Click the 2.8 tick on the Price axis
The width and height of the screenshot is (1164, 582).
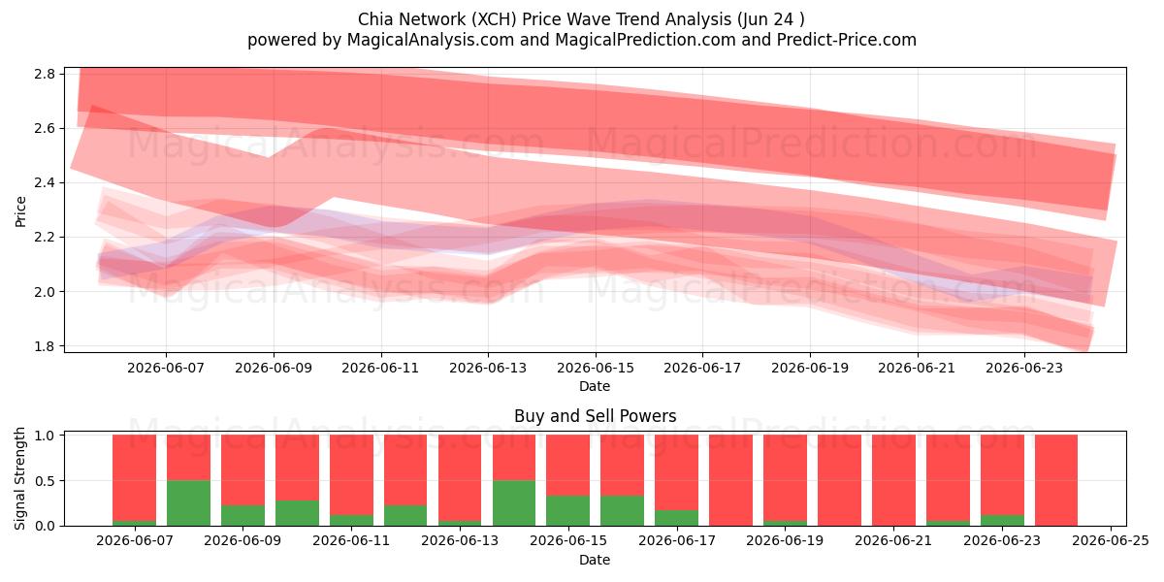pyautogui.click(x=45, y=74)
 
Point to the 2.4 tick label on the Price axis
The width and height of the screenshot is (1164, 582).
pyautogui.click(x=45, y=183)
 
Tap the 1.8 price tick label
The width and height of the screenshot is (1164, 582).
pyautogui.click(x=45, y=346)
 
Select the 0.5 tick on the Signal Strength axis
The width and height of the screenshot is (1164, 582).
pyautogui.click(x=45, y=481)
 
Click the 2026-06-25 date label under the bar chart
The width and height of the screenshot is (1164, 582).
pyautogui.click(x=1111, y=540)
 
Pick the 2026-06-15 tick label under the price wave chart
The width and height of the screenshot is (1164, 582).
pyautogui.click(x=596, y=368)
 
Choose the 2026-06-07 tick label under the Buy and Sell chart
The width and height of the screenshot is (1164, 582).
pyautogui.click(x=135, y=540)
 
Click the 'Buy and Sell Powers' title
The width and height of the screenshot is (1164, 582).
pyautogui.click(x=595, y=416)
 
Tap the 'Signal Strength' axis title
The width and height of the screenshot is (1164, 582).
pyautogui.click(x=19, y=478)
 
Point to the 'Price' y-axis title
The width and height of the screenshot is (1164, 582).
pyautogui.click(x=20, y=211)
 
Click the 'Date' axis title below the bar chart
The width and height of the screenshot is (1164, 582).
pyautogui.click(x=595, y=560)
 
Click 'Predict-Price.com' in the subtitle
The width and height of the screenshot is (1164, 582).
pyautogui.click(x=847, y=40)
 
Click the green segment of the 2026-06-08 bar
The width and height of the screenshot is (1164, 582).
pyautogui.click(x=188, y=503)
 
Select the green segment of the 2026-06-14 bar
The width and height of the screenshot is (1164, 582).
pyautogui.click(x=514, y=503)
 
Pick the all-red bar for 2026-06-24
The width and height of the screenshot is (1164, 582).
pyautogui.click(x=1056, y=480)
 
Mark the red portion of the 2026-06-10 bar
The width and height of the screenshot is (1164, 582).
pyautogui.click(x=297, y=468)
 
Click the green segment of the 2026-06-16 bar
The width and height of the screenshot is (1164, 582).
pyautogui.click(x=622, y=511)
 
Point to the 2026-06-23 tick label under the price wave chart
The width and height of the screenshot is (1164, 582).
pyautogui.click(x=1024, y=368)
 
